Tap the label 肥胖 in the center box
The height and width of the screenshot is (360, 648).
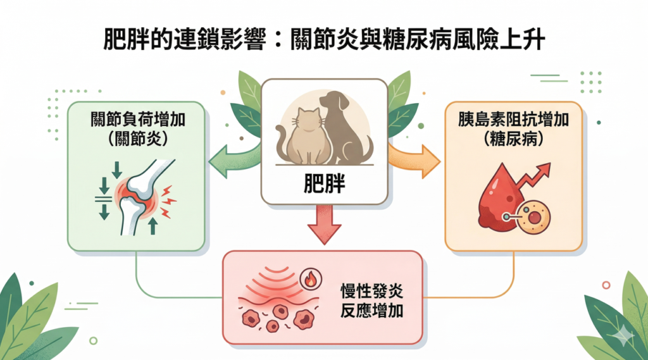pos(324,185)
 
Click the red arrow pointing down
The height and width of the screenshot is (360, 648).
pos(324,225)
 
